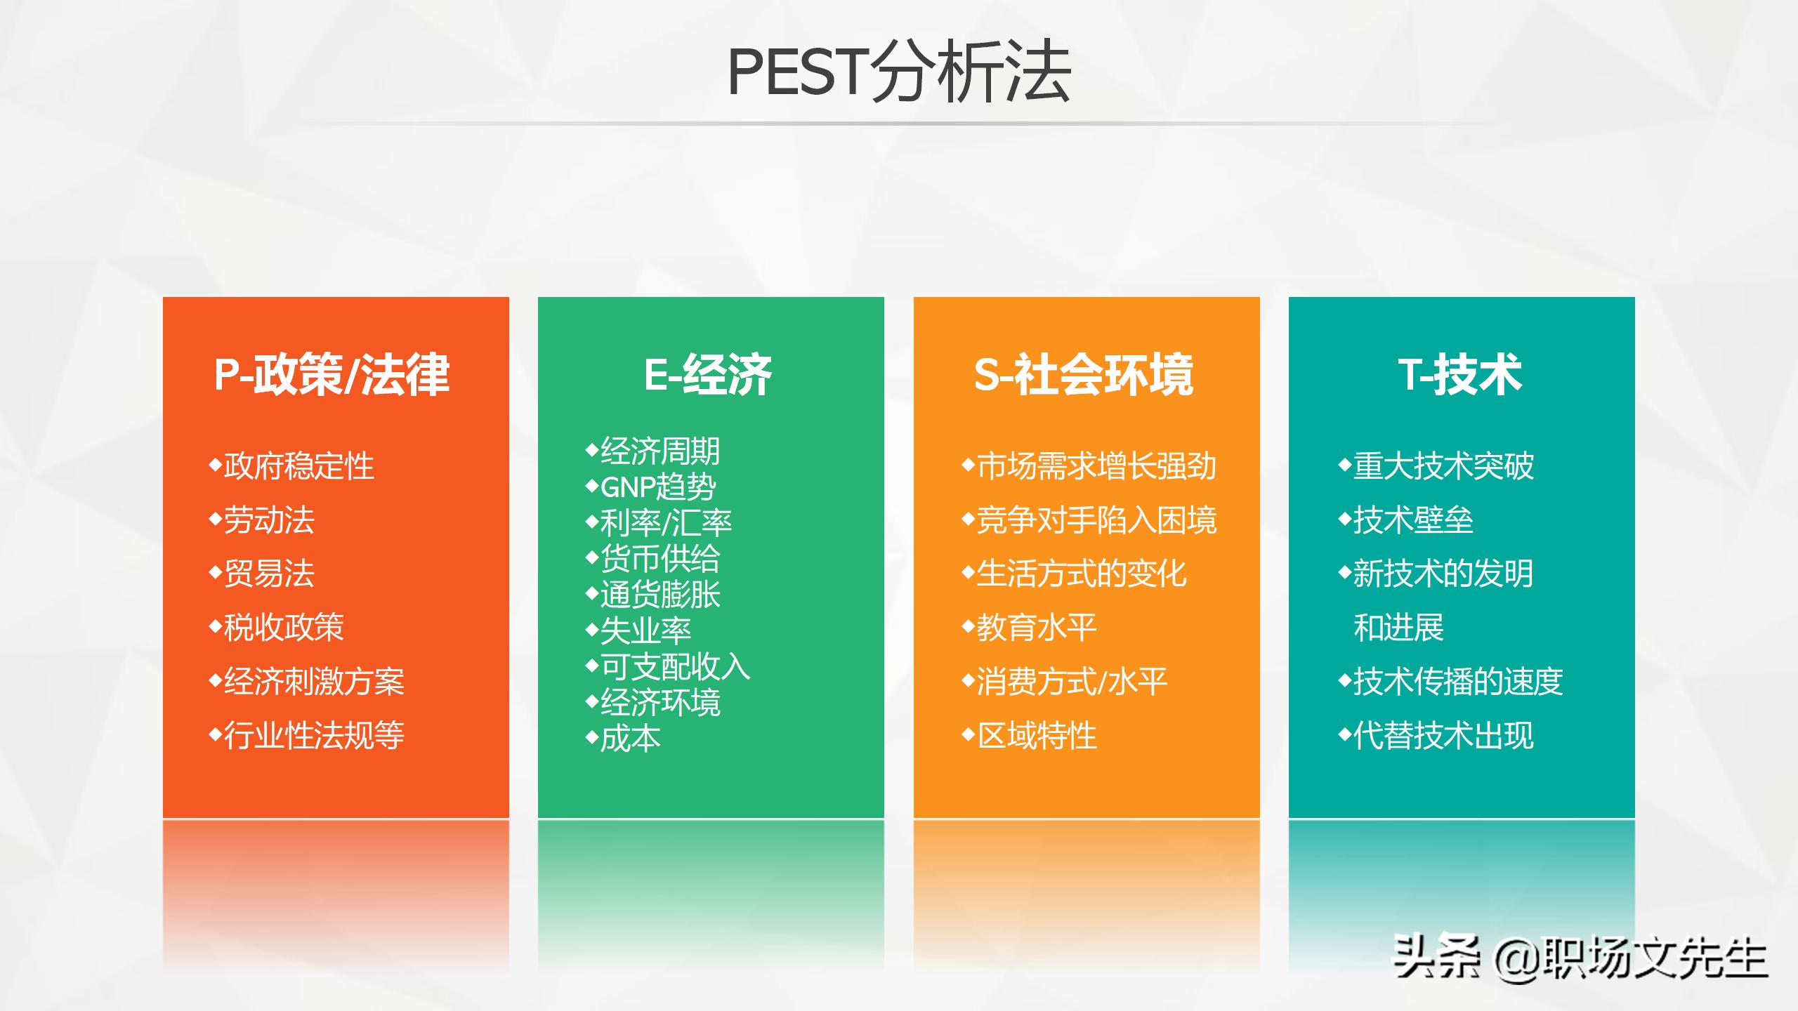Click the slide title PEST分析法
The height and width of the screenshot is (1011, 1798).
coord(898,72)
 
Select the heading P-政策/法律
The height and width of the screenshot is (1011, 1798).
coord(332,374)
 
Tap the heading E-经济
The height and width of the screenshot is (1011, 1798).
coord(708,374)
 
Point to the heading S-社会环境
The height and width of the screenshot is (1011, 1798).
coord(1084,374)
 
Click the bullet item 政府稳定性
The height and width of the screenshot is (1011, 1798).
coord(298,466)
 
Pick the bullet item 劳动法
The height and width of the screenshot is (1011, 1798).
coord(268,520)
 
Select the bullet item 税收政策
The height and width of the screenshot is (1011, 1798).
coord(283,628)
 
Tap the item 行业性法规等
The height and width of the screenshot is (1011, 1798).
coord(313,735)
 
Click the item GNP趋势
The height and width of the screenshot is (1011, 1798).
coord(657,487)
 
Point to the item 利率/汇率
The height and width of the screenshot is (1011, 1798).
coord(665,523)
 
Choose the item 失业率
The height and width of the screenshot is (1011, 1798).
coord(645,630)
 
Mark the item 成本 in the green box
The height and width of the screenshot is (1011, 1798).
coord(630,739)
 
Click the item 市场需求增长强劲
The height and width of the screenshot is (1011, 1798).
coord(1096,466)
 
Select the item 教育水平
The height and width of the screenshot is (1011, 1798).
coord(1036,628)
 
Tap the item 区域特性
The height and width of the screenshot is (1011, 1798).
coord(1036,735)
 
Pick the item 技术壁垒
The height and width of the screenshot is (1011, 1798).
coord(1412,520)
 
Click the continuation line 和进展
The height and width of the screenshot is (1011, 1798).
coord(1398,628)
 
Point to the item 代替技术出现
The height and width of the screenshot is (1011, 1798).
coord(1443,735)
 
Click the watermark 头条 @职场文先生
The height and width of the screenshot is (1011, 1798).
coord(1580,958)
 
